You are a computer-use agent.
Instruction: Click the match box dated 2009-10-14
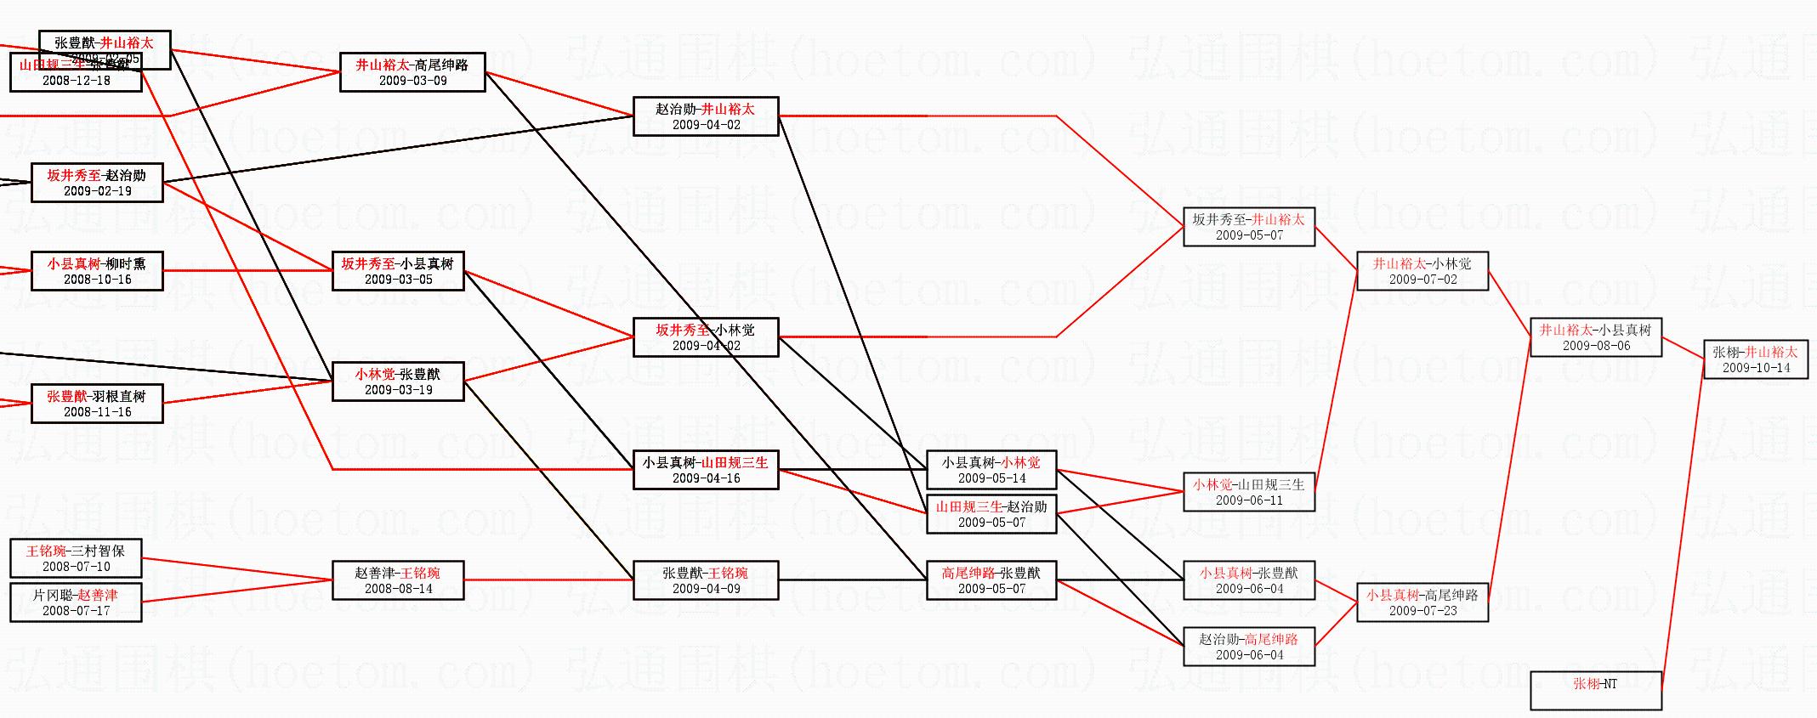pyautogui.click(x=1755, y=359)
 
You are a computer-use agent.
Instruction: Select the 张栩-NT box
pyautogui.click(x=1595, y=690)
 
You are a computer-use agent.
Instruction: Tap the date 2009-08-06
pyautogui.click(x=1596, y=346)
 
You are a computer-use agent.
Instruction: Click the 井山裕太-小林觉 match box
pyautogui.click(x=1422, y=271)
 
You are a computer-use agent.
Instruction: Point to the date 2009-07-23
pyautogui.click(x=1422, y=611)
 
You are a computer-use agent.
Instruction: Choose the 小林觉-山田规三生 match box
pyautogui.click(x=1248, y=492)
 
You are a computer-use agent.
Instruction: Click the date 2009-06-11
pyautogui.click(x=1249, y=500)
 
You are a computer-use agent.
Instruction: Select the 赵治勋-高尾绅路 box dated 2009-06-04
pyautogui.click(x=1248, y=647)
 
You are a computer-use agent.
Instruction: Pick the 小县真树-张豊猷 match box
pyautogui.click(x=1248, y=580)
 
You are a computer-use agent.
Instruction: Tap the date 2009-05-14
pyautogui.click(x=991, y=478)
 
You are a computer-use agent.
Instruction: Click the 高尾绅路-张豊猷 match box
pyautogui.click(x=991, y=580)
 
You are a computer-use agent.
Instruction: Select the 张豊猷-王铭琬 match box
pyautogui.click(x=705, y=580)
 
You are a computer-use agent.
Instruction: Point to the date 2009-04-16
pyautogui.click(x=706, y=478)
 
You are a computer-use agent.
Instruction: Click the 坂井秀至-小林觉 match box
pyautogui.click(x=705, y=337)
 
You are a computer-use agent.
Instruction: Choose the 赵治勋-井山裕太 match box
pyautogui.click(x=705, y=116)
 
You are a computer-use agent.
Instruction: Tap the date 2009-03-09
pyautogui.click(x=412, y=81)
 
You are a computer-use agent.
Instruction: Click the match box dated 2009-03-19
pyautogui.click(x=398, y=382)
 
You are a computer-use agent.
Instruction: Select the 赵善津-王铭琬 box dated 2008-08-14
pyautogui.click(x=398, y=580)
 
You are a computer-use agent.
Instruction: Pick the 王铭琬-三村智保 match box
pyautogui.click(x=76, y=558)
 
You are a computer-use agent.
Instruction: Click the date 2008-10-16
pyautogui.click(x=97, y=280)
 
